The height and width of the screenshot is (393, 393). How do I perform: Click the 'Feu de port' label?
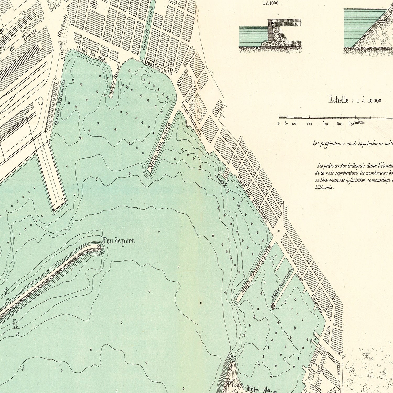(119, 241)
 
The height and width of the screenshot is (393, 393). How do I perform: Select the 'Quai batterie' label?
(192, 118)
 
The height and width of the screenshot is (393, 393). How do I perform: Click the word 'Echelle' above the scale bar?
(339, 100)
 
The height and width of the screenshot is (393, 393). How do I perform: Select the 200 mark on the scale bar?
(309, 124)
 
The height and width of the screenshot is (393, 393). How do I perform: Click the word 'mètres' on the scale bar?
(359, 122)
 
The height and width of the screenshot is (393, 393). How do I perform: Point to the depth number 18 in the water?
(23, 368)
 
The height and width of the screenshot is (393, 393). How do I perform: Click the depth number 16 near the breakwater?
(18, 334)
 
